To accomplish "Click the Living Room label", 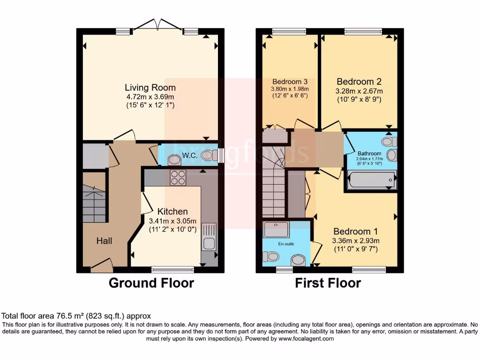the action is click(150, 88).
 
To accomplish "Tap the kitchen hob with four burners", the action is click(178, 178).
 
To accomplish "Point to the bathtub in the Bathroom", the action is click(372, 180).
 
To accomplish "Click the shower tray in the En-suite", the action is click(276, 230).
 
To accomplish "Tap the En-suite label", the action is click(286, 244).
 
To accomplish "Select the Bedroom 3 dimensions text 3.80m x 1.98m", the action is click(290, 89).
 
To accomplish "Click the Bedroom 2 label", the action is click(359, 82).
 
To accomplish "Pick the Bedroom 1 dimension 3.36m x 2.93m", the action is click(356, 240).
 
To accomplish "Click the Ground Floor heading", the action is click(151, 283).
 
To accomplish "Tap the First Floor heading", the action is click(328, 283).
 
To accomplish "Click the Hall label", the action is click(104, 241).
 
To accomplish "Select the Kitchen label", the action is click(172, 211).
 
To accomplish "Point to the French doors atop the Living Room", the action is click(157, 24).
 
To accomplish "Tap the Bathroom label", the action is click(369, 153).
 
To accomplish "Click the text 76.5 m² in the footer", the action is click(70, 316).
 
